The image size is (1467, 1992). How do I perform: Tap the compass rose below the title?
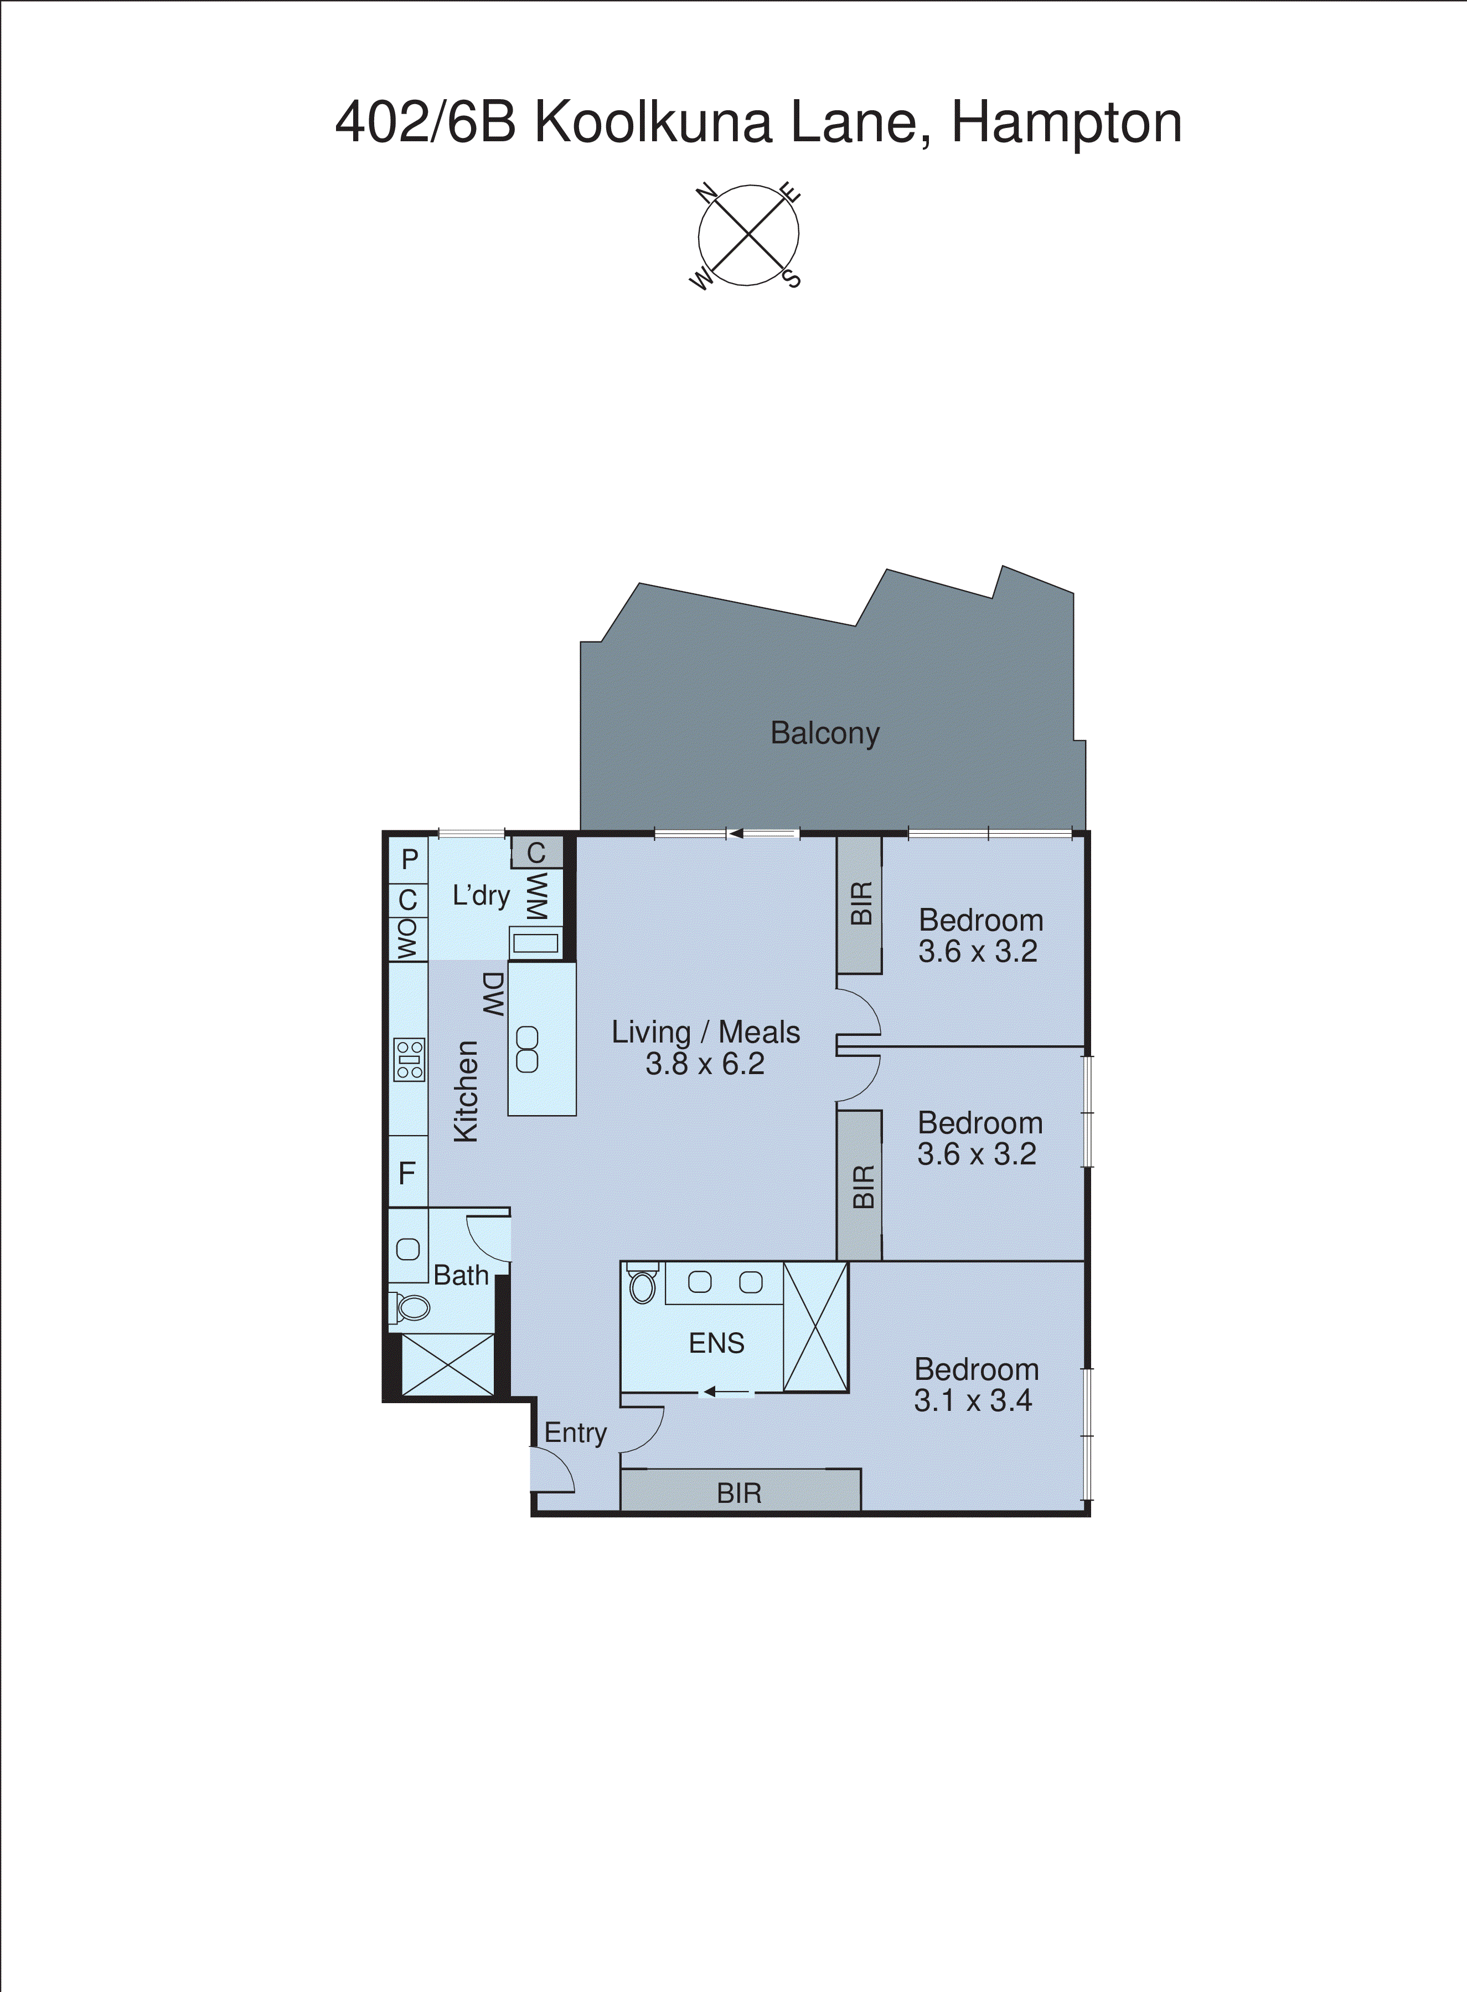[748, 235]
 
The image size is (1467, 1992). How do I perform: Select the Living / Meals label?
[705, 1033]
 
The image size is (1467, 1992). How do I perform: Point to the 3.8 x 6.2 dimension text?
[705, 1064]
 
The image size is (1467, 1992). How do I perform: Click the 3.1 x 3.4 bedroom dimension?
[973, 1400]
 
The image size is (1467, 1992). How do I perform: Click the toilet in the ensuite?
[642, 1285]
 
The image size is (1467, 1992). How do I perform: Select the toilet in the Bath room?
[411, 1307]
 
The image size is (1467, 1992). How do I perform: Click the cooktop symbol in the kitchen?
[409, 1060]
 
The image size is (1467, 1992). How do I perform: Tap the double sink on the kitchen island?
[528, 1049]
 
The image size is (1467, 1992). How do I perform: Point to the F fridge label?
[407, 1174]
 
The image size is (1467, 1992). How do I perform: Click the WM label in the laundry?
[537, 896]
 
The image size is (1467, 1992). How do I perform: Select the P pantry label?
[409, 859]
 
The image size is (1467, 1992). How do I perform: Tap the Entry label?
[575, 1433]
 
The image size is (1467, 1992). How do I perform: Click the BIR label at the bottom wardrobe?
[739, 1493]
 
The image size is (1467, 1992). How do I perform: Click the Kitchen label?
[466, 1091]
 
